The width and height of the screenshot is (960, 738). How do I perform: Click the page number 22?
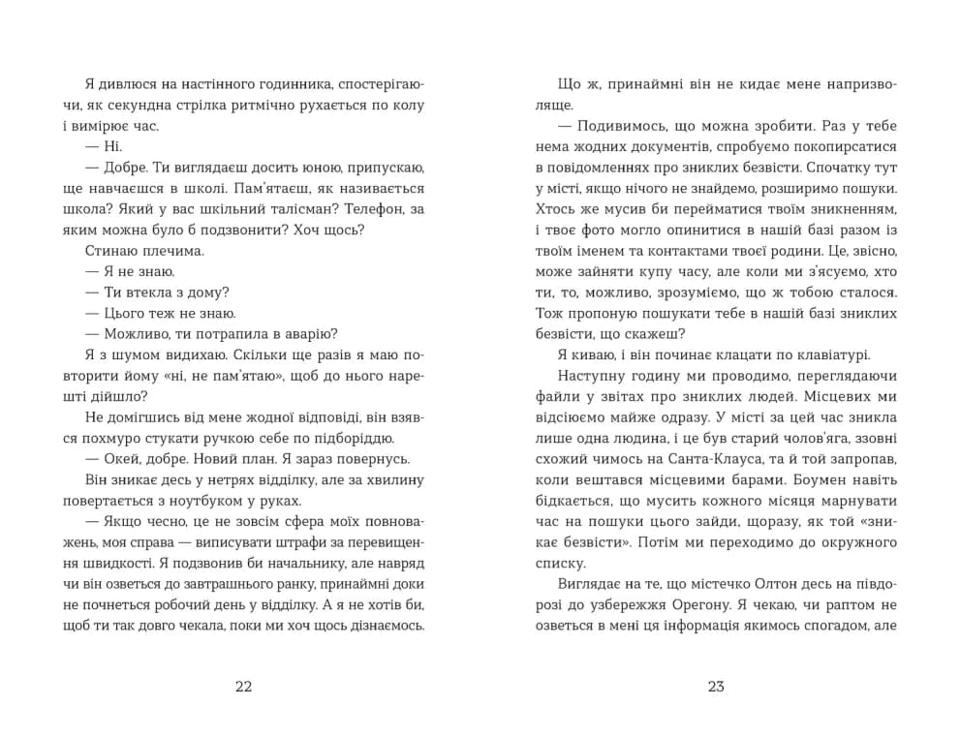243,687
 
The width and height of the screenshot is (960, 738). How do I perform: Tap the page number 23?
716,687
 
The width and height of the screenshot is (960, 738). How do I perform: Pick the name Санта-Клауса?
729,459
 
